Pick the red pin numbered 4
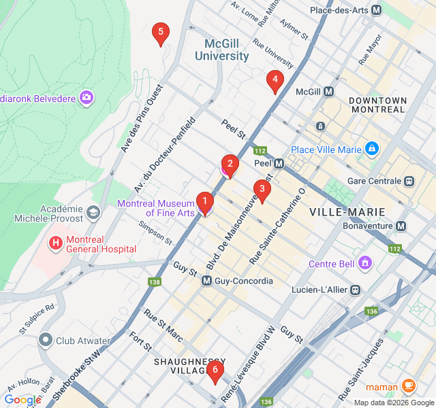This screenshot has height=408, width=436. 275,81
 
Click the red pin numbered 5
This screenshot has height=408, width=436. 160,33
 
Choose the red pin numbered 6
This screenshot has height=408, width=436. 215,371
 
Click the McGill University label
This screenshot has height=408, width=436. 221,50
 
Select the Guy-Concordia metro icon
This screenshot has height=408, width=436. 206,281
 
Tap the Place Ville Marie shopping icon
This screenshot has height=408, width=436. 371,148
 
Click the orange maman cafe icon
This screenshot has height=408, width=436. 409,386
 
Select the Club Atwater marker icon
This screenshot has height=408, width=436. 46,338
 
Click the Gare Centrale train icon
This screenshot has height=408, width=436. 409,181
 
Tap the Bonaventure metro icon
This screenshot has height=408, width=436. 401,226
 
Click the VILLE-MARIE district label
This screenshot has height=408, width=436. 347,212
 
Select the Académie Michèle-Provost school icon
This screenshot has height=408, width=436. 92,214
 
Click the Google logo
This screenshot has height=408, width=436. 22,400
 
